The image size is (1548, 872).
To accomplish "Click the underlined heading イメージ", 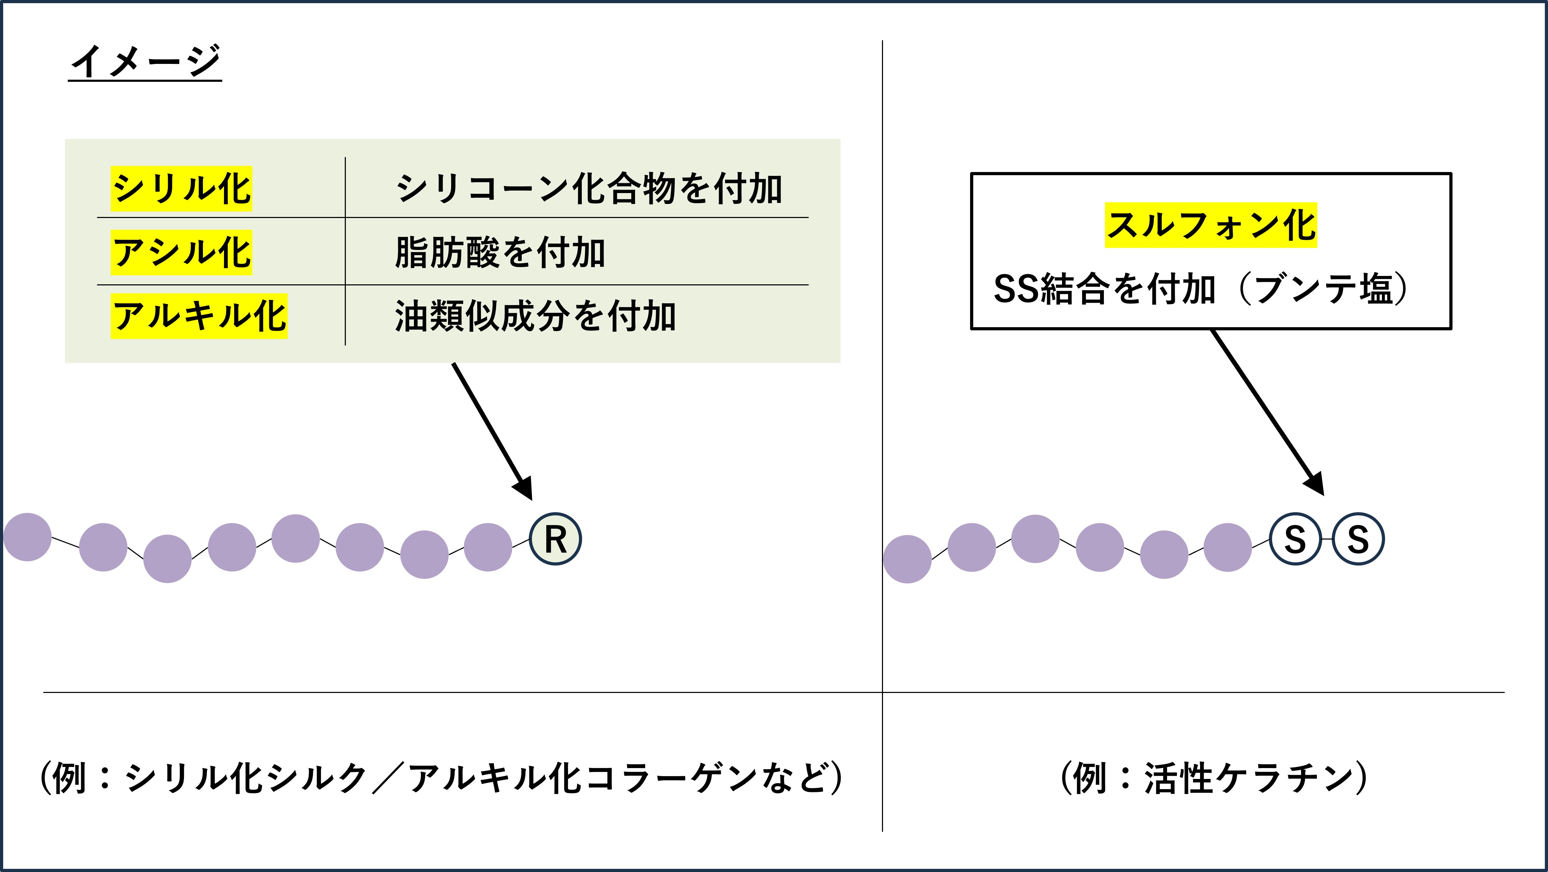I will [x=145, y=61].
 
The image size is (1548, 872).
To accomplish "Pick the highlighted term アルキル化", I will [x=199, y=316].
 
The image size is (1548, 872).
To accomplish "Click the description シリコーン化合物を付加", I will [x=589, y=189].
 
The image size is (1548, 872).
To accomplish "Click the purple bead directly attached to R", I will [x=488, y=547].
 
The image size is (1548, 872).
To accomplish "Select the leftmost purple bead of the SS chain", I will [x=907, y=559].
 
